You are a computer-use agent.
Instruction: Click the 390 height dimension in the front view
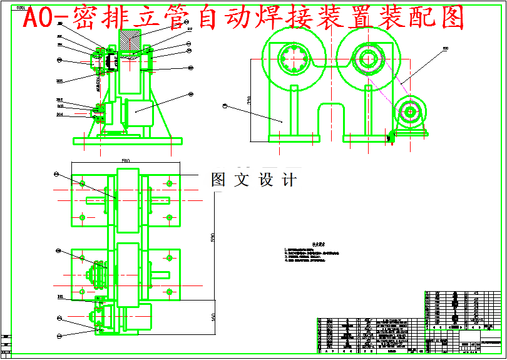[248, 100]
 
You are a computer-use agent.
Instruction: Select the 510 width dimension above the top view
[126, 161]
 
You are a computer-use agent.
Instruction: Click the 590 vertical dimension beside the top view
[213, 239]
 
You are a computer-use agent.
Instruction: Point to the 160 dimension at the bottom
[213, 317]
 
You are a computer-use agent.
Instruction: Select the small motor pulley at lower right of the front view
[411, 113]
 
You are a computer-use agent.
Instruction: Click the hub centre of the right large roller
[364, 60]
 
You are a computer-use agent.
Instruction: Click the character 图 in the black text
[218, 180]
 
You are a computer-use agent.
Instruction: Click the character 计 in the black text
[289, 180]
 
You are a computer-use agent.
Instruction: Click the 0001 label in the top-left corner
[21, 8]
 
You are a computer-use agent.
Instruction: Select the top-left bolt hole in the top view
[82, 183]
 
